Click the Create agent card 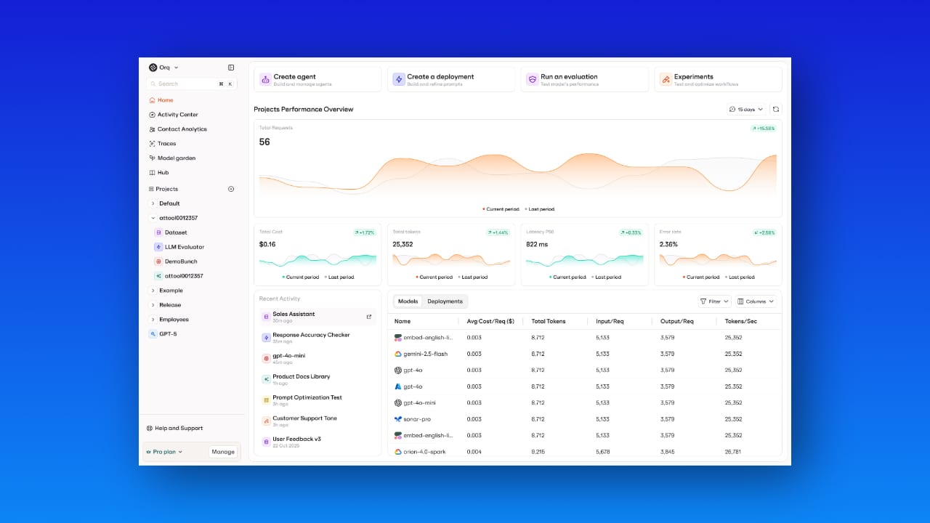tap(317, 79)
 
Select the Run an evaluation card tap(584, 79)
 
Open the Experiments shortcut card tap(718, 79)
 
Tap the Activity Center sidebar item tap(177, 115)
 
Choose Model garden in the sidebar tap(176, 158)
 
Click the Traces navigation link tap(166, 144)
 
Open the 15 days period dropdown tap(746, 110)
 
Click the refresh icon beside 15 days tap(776, 110)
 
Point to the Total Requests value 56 tap(264, 142)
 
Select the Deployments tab tap(445, 301)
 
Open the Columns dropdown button tap(756, 301)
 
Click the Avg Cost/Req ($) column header tap(490, 321)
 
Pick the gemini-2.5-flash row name tap(425, 354)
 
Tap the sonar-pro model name tap(417, 419)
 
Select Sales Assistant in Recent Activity tap(294, 315)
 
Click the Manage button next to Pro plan tap(223, 452)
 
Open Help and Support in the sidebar tap(179, 429)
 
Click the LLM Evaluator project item tap(184, 247)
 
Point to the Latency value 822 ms tap(537, 245)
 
